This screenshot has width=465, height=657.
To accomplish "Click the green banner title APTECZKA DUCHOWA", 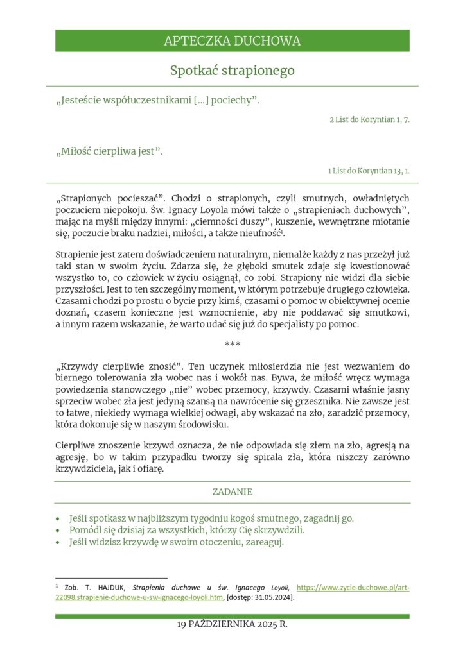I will tap(232, 41).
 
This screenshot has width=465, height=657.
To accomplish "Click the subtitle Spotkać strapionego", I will tap(232, 71).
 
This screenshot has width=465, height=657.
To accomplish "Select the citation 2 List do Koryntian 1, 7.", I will tap(369, 120).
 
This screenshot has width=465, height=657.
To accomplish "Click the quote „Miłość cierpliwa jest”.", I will tap(110, 152).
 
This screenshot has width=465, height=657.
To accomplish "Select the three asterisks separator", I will tap(232, 345).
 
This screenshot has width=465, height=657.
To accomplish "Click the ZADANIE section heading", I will tap(232, 492).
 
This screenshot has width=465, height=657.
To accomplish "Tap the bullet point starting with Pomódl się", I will tap(186, 530).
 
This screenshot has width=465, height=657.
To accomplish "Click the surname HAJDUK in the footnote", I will tap(112, 587).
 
